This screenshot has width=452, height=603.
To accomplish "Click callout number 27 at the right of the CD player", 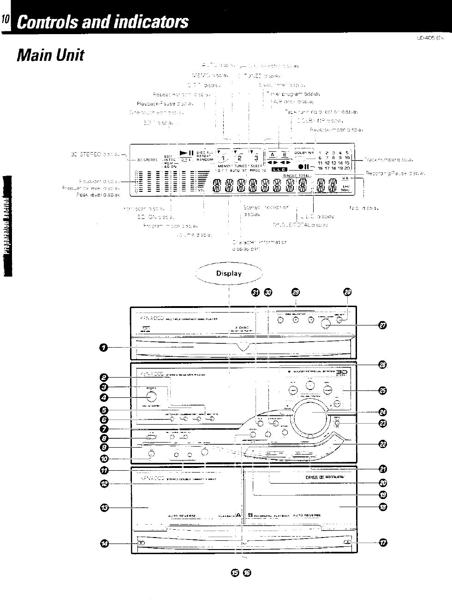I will [382, 326].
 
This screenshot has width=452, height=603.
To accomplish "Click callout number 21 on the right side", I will [382, 469].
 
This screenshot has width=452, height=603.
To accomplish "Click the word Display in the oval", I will [229, 273].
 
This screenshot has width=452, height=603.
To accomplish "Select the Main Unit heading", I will [50, 55].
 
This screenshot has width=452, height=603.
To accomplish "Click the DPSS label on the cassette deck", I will [311, 478].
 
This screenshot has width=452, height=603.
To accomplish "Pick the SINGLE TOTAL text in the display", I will [296, 175].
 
